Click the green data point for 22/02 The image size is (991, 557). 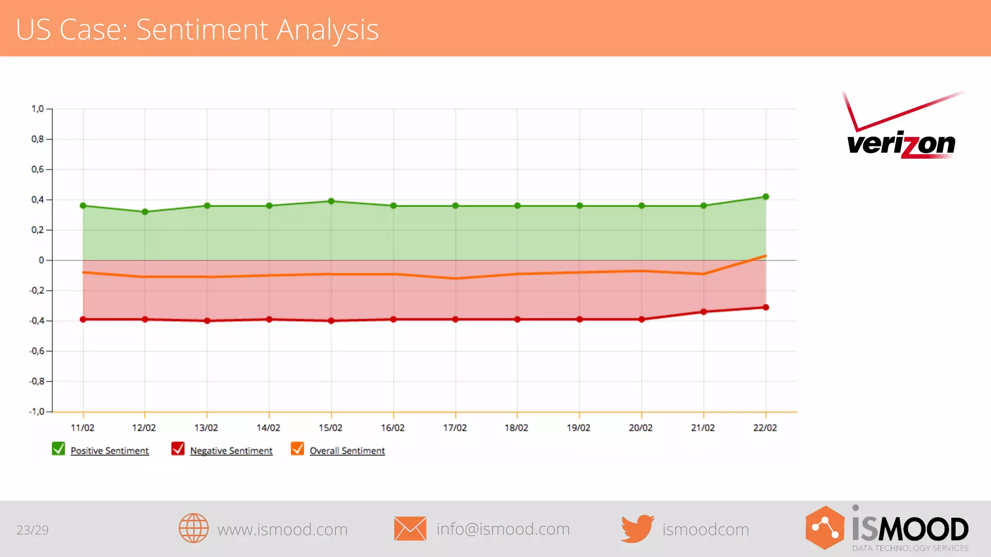click(766, 197)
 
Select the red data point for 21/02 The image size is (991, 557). click(704, 312)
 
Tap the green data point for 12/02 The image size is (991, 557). click(145, 212)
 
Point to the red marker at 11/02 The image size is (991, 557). click(83, 319)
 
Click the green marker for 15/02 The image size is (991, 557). click(331, 201)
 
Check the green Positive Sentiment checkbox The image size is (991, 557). click(59, 449)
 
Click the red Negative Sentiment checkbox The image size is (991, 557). click(178, 449)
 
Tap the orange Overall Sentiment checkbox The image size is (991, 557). click(298, 449)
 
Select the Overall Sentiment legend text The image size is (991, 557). click(347, 451)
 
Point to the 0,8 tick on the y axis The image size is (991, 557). click(38, 139)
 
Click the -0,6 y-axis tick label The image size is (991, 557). click(36, 351)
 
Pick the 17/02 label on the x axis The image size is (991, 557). click(455, 428)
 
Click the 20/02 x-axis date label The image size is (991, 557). click(641, 428)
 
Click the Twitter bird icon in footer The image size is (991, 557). click(637, 528)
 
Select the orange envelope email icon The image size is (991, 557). click(410, 528)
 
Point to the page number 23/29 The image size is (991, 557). click(32, 530)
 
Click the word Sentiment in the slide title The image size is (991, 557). click(202, 29)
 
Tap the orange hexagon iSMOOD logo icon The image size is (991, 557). click(825, 528)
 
